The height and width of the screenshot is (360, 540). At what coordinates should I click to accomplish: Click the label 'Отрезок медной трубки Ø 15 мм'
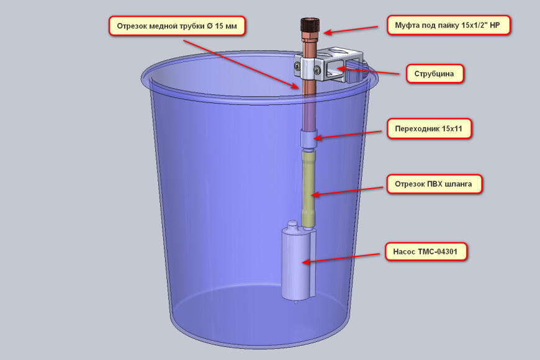pos(177,26)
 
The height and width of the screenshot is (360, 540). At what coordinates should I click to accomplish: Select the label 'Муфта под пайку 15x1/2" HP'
pos(448,25)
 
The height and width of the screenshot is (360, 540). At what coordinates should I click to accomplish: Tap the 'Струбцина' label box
pos(434,74)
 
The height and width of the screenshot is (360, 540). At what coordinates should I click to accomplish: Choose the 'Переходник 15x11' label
pos(429,129)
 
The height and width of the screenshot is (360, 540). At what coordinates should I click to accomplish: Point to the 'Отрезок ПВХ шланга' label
pos(434,184)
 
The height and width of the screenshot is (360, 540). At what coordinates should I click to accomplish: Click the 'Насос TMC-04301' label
pos(426,251)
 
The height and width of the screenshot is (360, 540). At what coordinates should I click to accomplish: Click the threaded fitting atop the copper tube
pos(310,27)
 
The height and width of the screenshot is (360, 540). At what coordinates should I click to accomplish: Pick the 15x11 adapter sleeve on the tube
pos(308,138)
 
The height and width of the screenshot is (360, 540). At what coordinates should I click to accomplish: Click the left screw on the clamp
pos(297,65)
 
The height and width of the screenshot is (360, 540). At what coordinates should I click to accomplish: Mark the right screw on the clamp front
pos(317,70)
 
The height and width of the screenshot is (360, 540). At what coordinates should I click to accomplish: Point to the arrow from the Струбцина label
pos(368,71)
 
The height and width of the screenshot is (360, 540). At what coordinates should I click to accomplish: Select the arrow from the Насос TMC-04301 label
pos(341,258)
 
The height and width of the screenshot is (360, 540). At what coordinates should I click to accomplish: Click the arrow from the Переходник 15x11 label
pos(348,135)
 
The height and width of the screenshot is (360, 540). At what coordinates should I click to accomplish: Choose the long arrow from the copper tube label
pos(241,65)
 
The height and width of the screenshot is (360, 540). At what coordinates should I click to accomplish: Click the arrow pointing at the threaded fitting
pos(350,30)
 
